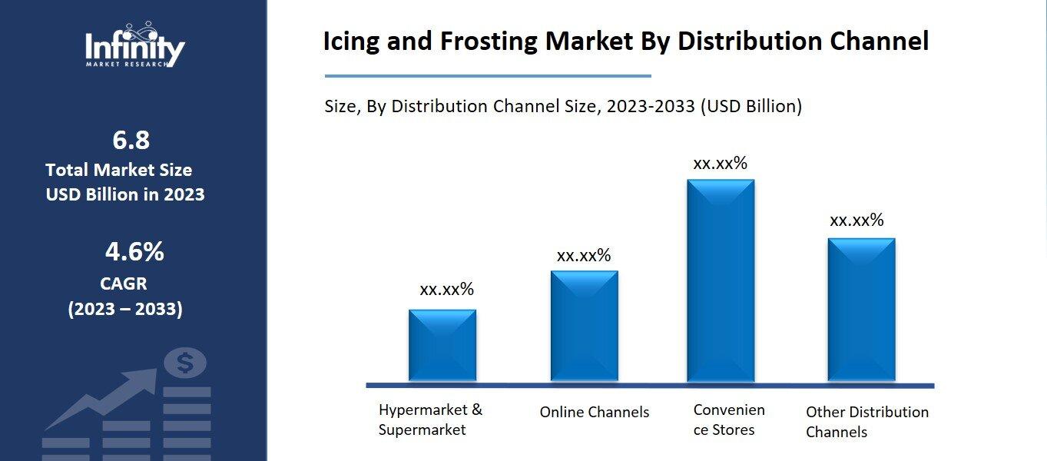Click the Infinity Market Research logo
(x=135, y=45)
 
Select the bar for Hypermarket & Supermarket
(x=442, y=345)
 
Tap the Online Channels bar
(x=585, y=326)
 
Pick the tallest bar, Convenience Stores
(x=721, y=280)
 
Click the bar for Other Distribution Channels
(x=861, y=310)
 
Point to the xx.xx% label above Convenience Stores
(x=721, y=163)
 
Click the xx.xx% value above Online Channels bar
(x=584, y=255)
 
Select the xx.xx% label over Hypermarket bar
(x=447, y=290)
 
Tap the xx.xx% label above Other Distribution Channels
(x=856, y=220)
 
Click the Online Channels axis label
(x=595, y=412)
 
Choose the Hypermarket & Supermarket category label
(x=430, y=420)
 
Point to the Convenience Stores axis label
(x=729, y=420)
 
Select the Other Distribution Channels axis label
(x=867, y=422)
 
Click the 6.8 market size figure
(x=131, y=140)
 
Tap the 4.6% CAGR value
(x=134, y=251)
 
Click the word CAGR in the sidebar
(x=124, y=284)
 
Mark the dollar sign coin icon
(x=185, y=363)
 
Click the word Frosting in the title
(x=489, y=41)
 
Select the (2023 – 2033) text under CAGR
(x=125, y=309)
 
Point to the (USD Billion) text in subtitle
(x=751, y=107)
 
